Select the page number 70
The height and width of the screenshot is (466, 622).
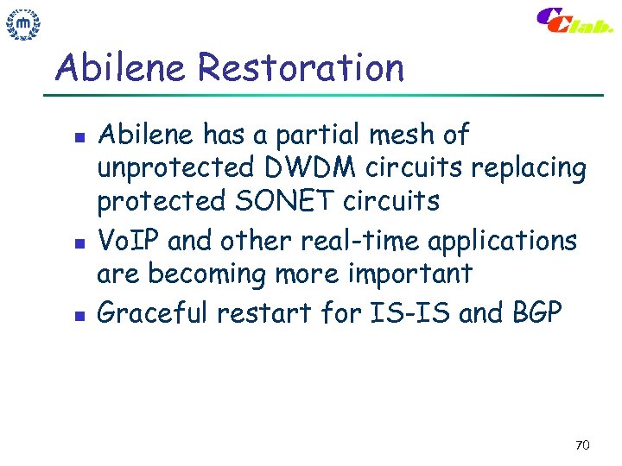pyautogui.click(x=581, y=445)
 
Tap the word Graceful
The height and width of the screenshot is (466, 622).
pyautogui.click(x=153, y=312)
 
